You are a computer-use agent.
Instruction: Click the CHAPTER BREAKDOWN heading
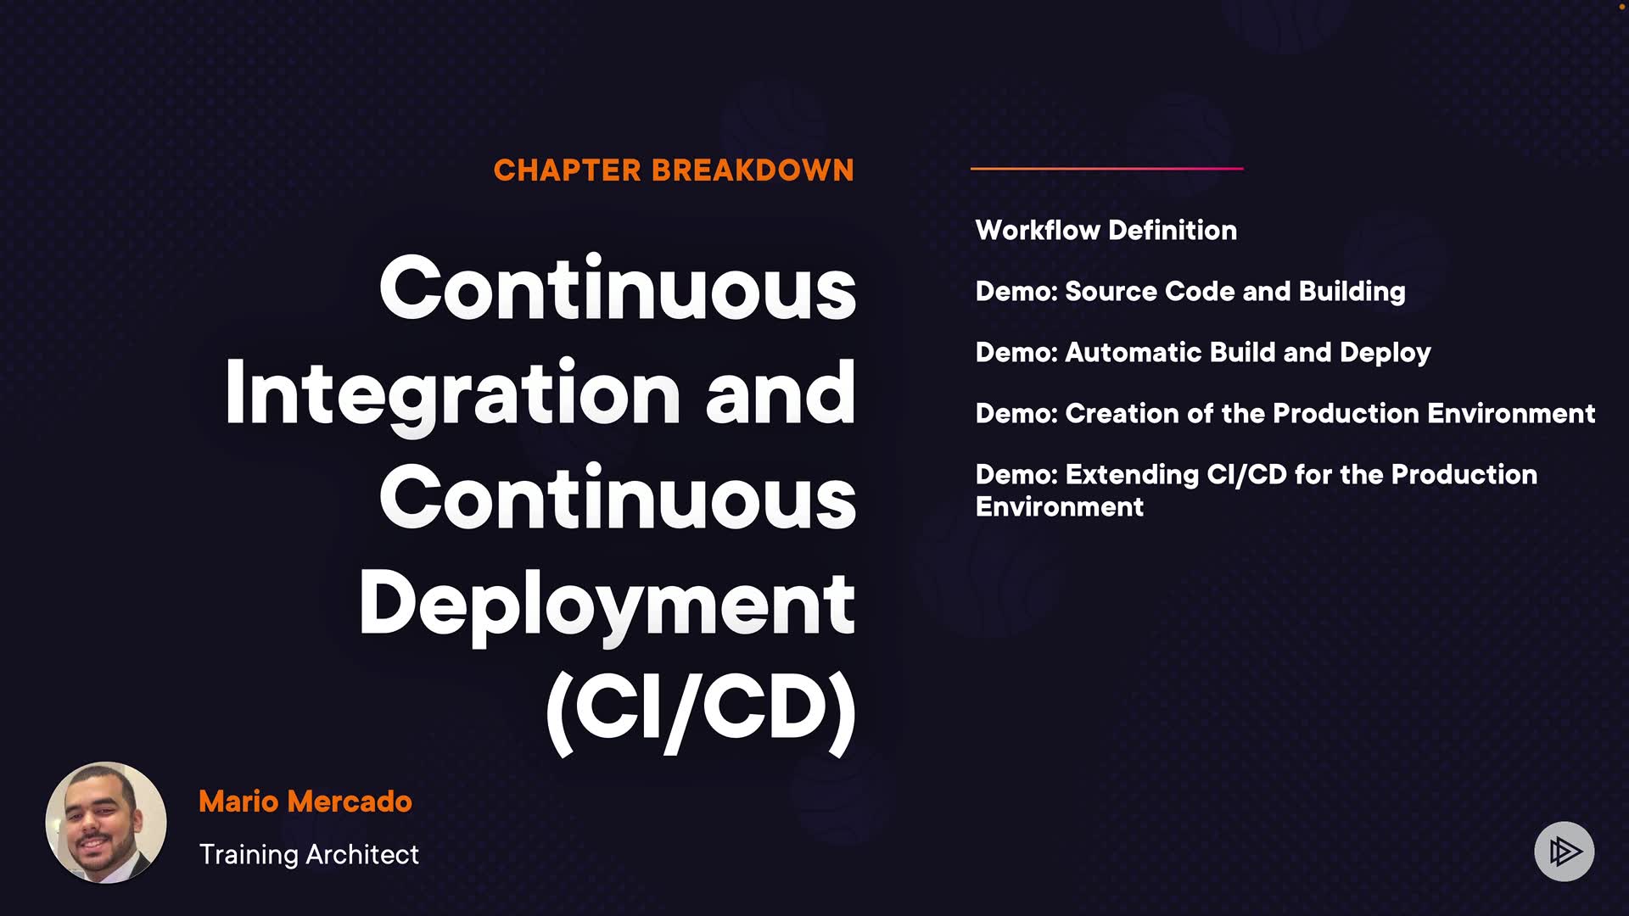point(674,170)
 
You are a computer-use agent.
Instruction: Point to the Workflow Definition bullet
point(1106,230)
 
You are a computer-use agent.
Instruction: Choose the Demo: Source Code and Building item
point(1190,292)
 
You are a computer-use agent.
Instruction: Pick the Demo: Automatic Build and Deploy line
point(1203,353)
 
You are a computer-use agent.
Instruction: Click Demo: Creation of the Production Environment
point(1285,413)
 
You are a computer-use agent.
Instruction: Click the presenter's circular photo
point(106,823)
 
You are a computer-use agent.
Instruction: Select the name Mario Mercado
point(305,801)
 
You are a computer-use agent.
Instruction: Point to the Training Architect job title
point(309,855)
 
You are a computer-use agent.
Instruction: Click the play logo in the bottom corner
point(1565,851)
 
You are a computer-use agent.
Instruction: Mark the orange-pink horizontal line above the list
point(1107,169)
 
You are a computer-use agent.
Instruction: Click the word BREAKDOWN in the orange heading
point(753,170)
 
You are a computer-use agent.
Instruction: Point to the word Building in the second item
point(1352,292)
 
